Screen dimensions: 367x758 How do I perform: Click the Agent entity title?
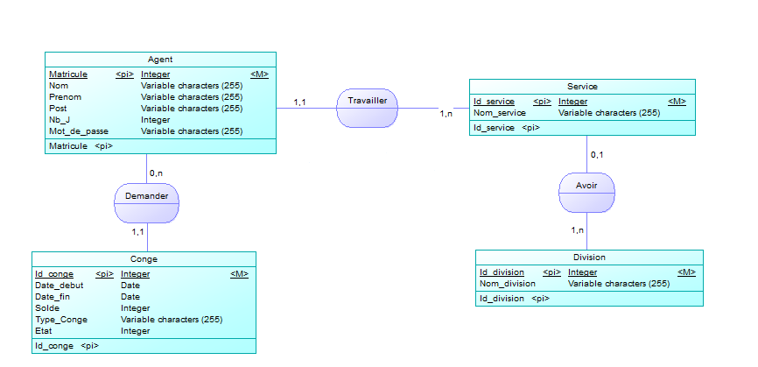(x=160, y=60)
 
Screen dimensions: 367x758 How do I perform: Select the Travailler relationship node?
(x=368, y=102)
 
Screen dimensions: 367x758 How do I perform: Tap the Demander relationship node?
(x=147, y=196)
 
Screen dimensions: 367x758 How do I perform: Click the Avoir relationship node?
(x=586, y=186)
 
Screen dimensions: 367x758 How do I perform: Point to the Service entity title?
(x=582, y=87)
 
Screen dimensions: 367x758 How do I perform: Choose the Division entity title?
(x=589, y=258)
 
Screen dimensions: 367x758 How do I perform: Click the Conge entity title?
(x=144, y=259)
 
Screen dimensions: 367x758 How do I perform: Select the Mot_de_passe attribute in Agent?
(x=79, y=131)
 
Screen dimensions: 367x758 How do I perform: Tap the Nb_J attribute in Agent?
(x=60, y=120)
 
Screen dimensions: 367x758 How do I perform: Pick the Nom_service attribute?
(x=500, y=113)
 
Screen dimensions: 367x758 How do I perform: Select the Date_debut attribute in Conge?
(x=60, y=286)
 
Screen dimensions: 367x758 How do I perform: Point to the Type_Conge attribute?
(x=60, y=320)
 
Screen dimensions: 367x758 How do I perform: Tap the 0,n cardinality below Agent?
(x=157, y=173)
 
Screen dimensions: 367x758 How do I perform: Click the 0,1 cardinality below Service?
(x=597, y=155)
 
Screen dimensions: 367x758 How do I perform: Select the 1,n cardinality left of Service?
(x=446, y=114)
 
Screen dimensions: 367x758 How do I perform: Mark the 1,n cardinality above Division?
(x=578, y=230)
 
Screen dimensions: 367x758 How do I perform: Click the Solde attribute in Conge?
(x=47, y=308)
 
